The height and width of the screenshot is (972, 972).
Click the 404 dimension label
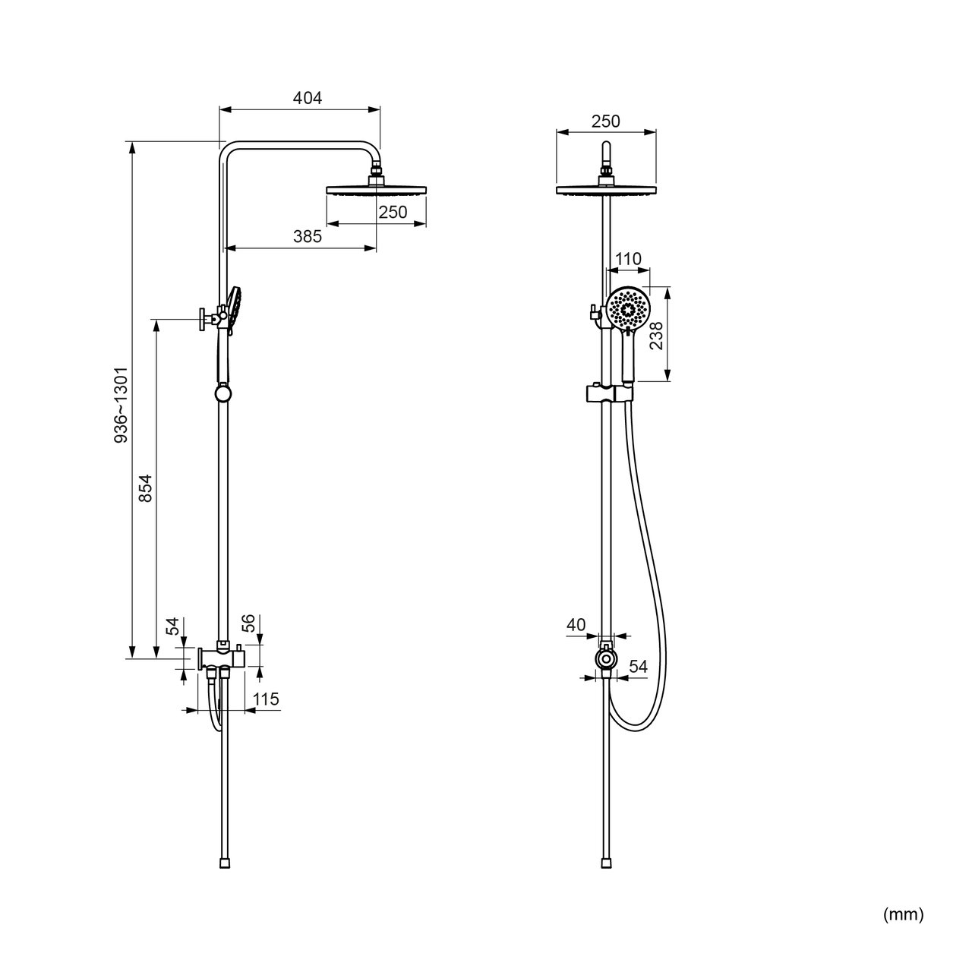[x=308, y=98]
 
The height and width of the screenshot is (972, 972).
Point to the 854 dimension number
[x=145, y=488]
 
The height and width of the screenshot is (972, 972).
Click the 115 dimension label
[x=265, y=699]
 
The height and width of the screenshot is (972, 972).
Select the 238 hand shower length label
[x=656, y=336]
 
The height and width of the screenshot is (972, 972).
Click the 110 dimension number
[x=628, y=259]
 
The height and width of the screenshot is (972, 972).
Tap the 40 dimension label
[x=576, y=625]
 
